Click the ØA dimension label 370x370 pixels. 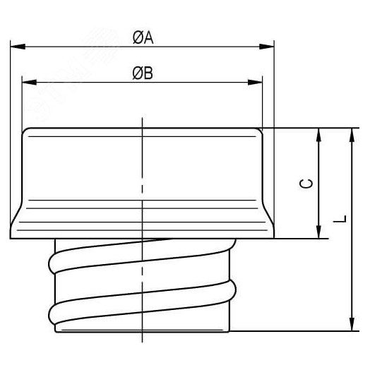point(143,37)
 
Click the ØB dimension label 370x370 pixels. point(143,73)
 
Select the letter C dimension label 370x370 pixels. point(306,184)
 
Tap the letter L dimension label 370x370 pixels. point(340,219)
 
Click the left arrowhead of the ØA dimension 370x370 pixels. point(18,47)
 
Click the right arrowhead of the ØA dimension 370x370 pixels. point(267,47)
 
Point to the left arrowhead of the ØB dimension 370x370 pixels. point(29,82)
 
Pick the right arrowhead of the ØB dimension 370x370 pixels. point(255,82)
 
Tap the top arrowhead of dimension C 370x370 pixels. point(318,135)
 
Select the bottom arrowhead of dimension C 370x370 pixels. point(318,232)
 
